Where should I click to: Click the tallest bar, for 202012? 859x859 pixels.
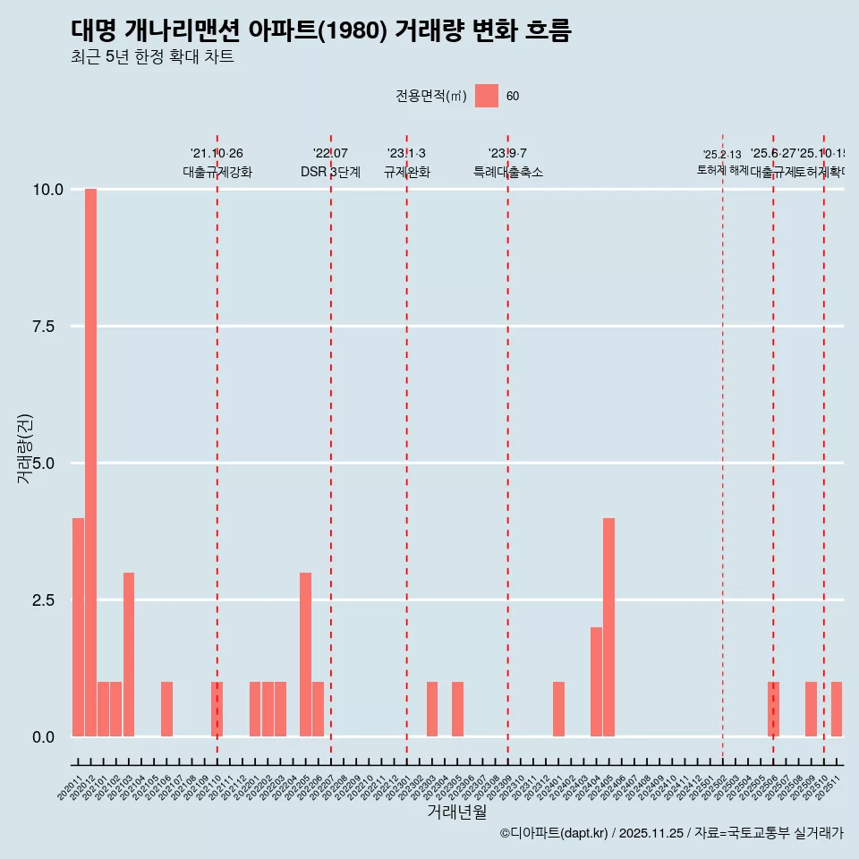[x=90, y=463]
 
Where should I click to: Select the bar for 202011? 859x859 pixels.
[x=78, y=627]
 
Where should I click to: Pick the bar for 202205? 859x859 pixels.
[x=305, y=654]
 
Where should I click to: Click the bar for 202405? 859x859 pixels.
[x=608, y=627]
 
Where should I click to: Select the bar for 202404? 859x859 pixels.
[x=596, y=682]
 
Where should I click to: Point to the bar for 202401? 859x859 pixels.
[x=558, y=710]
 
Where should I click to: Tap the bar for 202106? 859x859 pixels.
[x=166, y=710]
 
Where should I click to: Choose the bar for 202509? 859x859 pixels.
[x=811, y=710]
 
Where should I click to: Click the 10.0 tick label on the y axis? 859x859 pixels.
[x=47, y=190]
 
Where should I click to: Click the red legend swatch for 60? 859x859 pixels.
[x=487, y=96]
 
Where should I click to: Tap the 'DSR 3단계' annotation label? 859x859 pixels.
[x=330, y=172]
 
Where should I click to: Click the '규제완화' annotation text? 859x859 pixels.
[x=406, y=172]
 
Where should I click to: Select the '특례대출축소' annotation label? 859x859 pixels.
[x=508, y=172]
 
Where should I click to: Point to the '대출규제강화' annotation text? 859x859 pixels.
[x=217, y=172]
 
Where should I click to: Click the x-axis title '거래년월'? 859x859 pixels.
[x=456, y=812]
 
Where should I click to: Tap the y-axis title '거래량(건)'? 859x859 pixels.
[x=25, y=448]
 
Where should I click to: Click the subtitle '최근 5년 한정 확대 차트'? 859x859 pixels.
[x=152, y=57]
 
